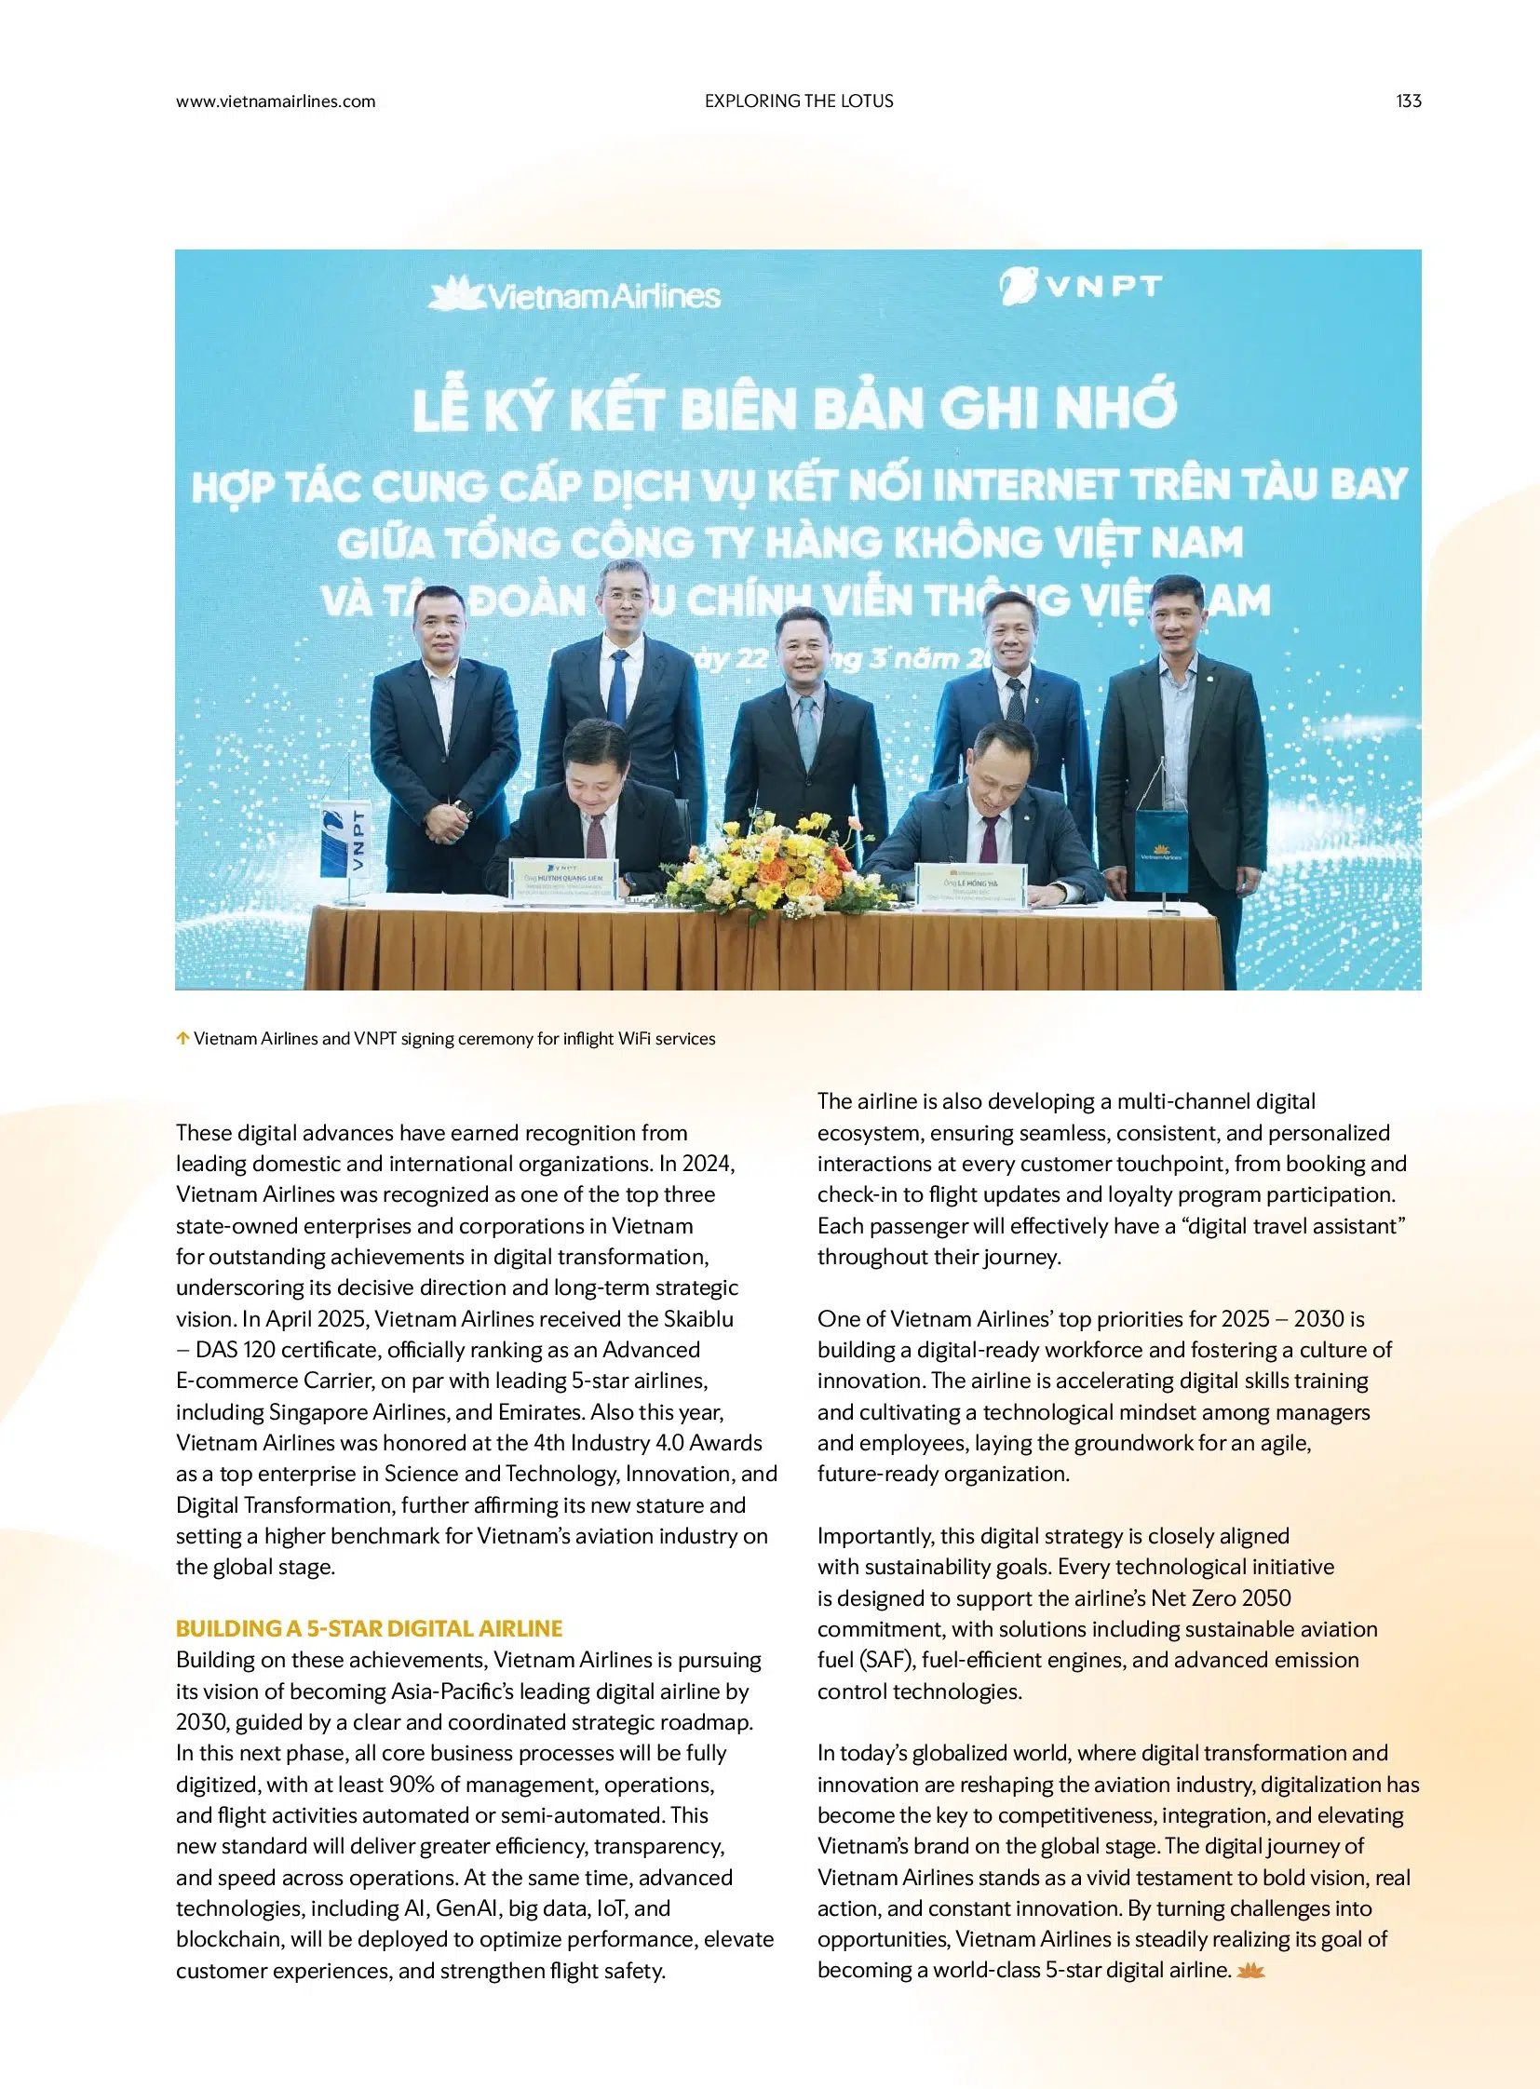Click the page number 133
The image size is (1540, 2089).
[1408, 101]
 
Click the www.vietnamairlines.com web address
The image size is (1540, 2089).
[275, 101]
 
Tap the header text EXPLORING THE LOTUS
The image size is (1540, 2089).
[799, 101]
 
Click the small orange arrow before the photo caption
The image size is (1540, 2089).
[182, 1038]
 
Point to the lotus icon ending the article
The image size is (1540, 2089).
[1250, 1970]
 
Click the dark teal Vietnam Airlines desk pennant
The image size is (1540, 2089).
[1162, 852]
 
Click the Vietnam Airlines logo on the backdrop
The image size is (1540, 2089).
[574, 294]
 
